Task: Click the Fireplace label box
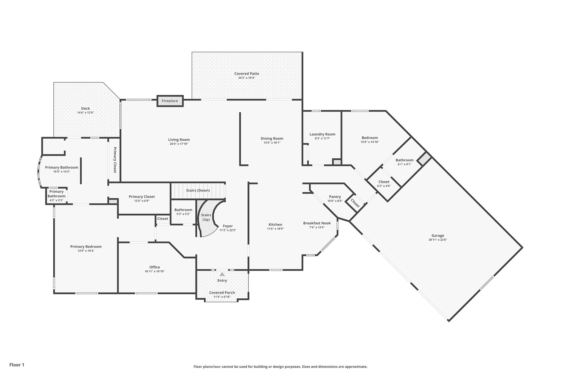(x=170, y=101)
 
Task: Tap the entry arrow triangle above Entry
(x=222, y=274)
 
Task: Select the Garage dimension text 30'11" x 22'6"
(x=438, y=240)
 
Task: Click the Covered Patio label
(x=247, y=73)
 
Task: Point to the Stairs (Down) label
(x=198, y=190)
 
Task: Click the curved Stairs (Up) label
(x=206, y=217)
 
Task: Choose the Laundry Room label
(x=322, y=134)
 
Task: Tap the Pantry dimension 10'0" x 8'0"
(x=335, y=201)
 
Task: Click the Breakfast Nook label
(x=317, y=223)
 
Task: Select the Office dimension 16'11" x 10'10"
(x=154, y=271)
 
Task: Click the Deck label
(x=85, y=108)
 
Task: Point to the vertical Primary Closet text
(x=115, y=160)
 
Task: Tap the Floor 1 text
(x=17, y=365)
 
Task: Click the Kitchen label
(x=275, y=224)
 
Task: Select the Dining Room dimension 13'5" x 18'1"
(x=272, y=143)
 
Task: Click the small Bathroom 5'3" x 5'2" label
(x=183, y=210)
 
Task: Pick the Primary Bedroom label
(x=86, y=246)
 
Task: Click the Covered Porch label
(x=222, y=292)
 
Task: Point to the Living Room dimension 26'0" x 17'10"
(x=179, y=144)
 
